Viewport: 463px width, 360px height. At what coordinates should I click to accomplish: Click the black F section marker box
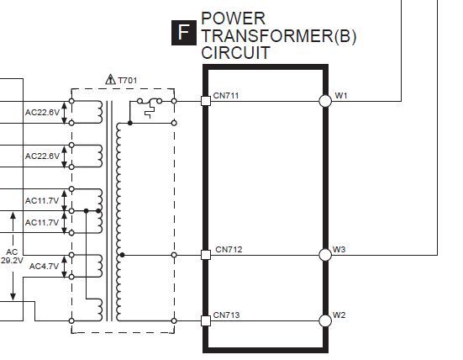click(184, 33)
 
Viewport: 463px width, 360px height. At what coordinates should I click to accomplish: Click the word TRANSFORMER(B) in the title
click(279, 36)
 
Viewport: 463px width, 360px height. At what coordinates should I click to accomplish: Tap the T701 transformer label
click(128, 81)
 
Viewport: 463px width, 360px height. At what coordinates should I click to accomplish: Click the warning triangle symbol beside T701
click(110, 79)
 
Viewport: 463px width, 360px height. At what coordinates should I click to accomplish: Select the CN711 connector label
click(226, 96)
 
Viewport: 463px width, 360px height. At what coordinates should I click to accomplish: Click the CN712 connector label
click(229, 250)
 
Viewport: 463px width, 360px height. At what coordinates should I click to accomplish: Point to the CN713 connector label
click(226, 315)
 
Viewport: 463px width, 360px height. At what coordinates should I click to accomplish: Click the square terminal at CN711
click(206, 101)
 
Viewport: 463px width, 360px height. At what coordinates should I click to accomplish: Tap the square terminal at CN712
click(206, 255)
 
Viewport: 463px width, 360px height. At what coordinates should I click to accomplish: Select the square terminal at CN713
click(206, 320)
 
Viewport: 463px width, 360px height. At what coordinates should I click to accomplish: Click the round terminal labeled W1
click(325, 101)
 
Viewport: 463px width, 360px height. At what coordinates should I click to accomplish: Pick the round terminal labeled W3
click(325, 255)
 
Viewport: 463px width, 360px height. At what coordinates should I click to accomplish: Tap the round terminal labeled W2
click(325, 320)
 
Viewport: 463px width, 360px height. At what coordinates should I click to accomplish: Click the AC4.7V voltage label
click(44, 267)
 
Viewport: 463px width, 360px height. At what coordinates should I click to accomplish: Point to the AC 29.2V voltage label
click(12, 256)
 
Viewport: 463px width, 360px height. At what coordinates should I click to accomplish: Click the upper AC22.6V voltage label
click(42, 113)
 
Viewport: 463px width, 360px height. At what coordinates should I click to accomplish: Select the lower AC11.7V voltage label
click(42, 222)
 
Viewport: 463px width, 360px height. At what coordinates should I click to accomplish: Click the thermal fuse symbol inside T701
click(150, 107)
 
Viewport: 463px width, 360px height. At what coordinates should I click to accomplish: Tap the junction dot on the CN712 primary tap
click(122, 255)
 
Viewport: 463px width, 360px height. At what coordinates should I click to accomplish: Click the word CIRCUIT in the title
click(235, 53)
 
